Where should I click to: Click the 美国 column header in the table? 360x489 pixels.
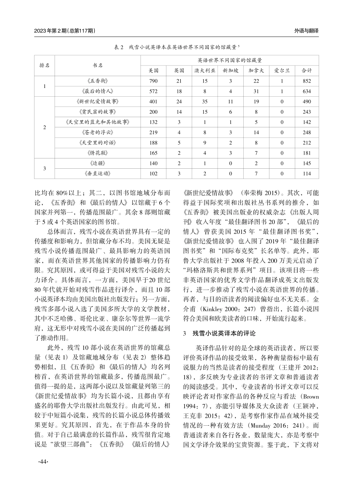pos(153,71)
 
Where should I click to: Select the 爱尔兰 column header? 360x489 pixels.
pos(282,71)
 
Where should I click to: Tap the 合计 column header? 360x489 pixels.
pos(307,71)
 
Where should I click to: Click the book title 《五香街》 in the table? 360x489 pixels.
pos(98,81)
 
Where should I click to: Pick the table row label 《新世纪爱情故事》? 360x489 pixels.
pos(98,102)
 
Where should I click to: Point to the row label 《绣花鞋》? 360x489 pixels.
pos(98,153)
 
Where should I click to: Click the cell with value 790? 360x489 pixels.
pos(153,81)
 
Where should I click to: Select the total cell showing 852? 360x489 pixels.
pos(307,81)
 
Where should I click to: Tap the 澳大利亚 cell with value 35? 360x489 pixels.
pos(205,102)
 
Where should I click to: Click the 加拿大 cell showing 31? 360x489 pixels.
pos(256,91)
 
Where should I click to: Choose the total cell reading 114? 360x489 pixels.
pos(307,174)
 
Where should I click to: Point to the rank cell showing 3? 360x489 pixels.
pos(45,168)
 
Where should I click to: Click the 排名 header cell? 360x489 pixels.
pos(45,65)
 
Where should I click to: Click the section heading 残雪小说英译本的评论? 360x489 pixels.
pos(224,334)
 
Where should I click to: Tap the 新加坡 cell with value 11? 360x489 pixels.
pos(230,102)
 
